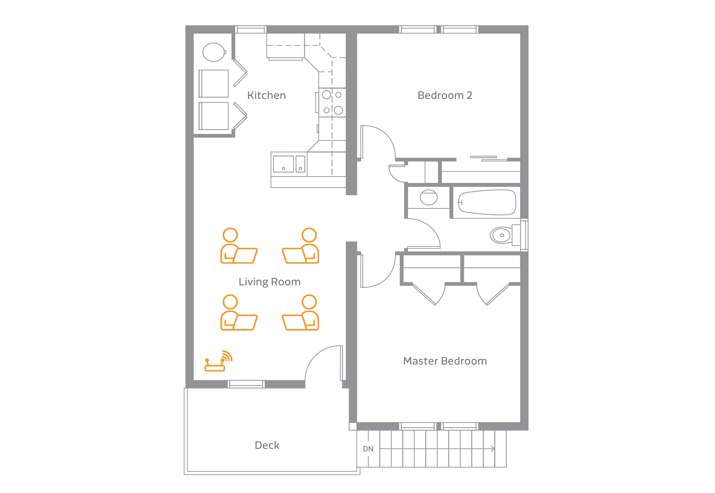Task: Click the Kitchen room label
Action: coord(266,95)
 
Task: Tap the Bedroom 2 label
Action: coord(445,95)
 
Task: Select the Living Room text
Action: coord(269,282)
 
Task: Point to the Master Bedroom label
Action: coord(445,361)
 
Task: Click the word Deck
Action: coord(267,445)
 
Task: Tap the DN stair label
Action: coord(368,449)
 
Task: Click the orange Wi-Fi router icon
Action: coord(218,361)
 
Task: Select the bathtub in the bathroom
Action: coord(487,202)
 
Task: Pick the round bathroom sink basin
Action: coord(428,197)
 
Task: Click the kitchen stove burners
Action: coord(332,103)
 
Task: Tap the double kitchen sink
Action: coord(289,164)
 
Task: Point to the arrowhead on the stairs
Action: coord(493,449)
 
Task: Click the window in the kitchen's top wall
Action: coord(250,29)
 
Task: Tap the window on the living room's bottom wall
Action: coord(246,384)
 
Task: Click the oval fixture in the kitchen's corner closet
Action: coord(214,52)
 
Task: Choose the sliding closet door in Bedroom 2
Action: coord(489,158)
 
